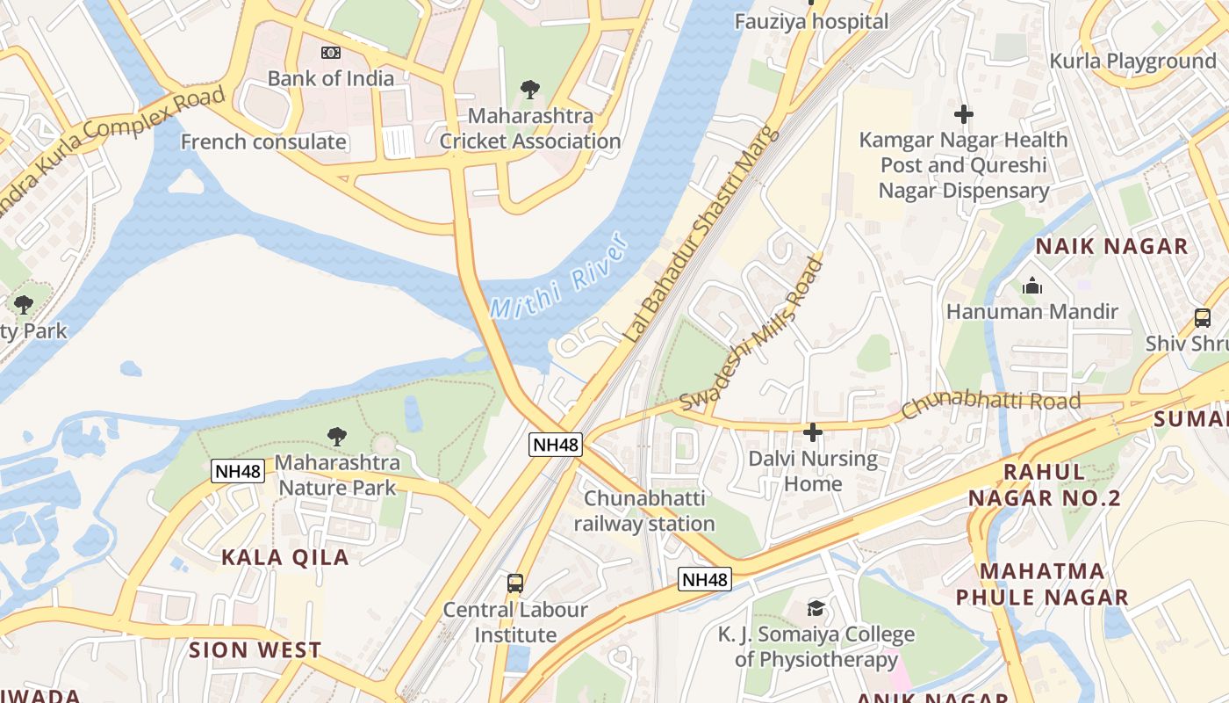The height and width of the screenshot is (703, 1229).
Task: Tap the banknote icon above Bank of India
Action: (331, 53)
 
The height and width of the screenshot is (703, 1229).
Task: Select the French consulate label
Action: (263, 141)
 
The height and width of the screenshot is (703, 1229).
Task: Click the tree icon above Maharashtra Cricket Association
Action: (529, 90)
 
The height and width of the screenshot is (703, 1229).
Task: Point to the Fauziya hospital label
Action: (811, 21)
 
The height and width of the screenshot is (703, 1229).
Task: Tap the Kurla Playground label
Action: (1132, 62)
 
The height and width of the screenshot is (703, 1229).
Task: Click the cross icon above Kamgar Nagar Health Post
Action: (964, 114)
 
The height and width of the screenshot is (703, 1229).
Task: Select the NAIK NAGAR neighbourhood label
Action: (1111, 246)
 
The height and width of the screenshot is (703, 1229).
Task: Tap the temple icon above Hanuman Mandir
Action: (1032, 286)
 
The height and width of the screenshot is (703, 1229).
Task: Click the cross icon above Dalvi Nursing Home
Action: (813, 432)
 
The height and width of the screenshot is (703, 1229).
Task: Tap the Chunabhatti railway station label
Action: (644, 511)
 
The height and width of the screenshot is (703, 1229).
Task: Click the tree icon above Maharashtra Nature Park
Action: (336, 437)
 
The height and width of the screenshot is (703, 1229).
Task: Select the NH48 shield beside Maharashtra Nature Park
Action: (238, 471)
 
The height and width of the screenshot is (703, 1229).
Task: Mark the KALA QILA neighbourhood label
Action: (284, 557)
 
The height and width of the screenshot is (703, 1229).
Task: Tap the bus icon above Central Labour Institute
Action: (515, 583)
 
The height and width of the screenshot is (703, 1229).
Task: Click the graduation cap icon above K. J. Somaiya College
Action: (816, 609)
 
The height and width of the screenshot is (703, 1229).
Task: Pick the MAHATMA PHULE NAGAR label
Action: (1041, 584)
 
